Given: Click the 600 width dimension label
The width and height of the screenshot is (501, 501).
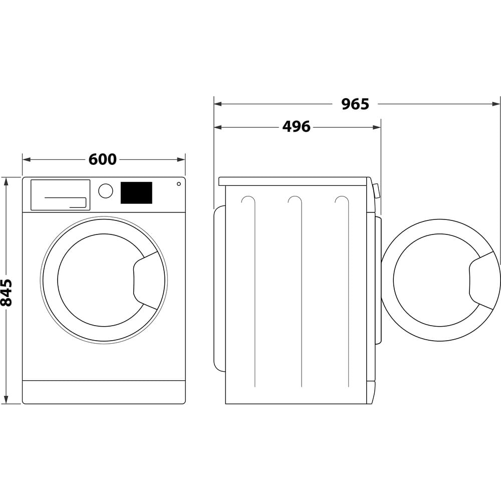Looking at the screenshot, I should (103, 159).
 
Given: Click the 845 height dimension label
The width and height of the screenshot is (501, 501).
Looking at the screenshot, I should (7, 292).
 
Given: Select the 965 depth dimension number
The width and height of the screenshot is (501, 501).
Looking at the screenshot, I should (355, 104).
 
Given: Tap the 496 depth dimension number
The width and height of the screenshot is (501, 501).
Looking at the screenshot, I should (296, 127).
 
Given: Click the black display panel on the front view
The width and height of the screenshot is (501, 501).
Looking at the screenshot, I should (136, 193).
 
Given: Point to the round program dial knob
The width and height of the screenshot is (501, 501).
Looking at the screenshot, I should (106, 191).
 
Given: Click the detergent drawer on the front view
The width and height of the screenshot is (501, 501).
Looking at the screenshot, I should (60, 194).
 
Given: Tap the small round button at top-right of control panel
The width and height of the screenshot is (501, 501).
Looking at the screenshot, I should (179, 184).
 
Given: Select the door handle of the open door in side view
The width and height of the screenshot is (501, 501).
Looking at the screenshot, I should (482, 281).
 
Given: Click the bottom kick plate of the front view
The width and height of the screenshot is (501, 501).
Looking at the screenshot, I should (104, 392).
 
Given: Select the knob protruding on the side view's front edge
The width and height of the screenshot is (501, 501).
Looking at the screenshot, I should (376, 191).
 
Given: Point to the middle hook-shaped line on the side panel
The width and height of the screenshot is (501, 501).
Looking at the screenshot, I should (296, 200).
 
